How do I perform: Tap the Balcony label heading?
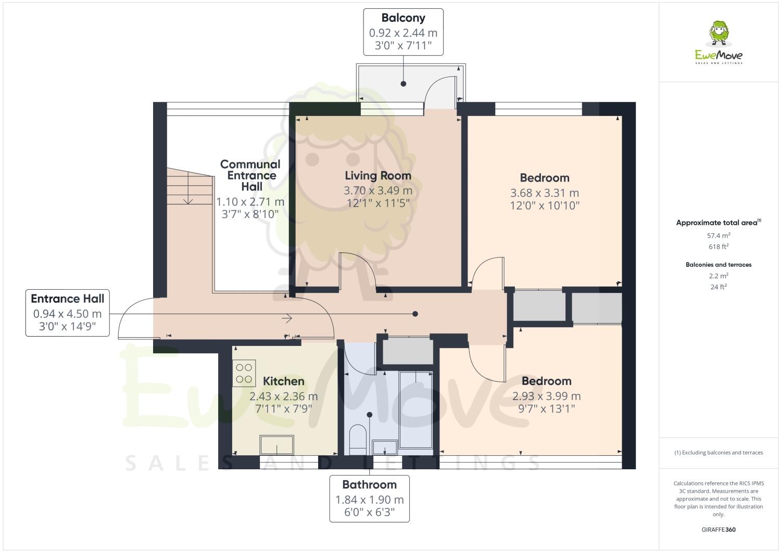point(403,18)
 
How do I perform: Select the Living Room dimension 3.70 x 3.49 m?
point(378,190)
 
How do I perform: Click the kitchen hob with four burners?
point(244,373)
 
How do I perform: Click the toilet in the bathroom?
point(357,440)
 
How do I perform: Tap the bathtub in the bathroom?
point(416,410)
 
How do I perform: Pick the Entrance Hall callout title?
point(67,299)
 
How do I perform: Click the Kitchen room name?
point(283,381)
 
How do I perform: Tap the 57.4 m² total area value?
point(718,235)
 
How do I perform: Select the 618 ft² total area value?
point(718,247)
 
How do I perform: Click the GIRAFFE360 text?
point(718,530)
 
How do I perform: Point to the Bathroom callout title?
point(369,485)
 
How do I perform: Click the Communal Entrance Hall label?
point(250,175)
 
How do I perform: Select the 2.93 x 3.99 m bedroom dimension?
point(546,396)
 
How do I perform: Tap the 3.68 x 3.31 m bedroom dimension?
point(544,193)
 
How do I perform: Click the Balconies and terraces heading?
point(718,265)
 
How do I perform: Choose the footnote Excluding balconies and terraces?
point(719,453)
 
